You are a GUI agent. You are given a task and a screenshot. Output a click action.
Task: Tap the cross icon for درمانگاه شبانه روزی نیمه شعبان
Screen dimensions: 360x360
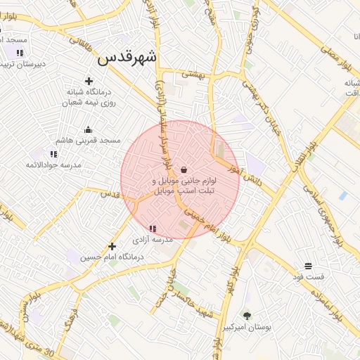click(x=89, y=82)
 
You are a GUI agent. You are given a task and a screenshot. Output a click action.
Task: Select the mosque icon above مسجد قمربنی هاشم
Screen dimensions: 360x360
click(x=88, y=129)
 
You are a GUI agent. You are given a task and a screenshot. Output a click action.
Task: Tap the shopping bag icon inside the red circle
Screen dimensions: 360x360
click(x=184, y=169)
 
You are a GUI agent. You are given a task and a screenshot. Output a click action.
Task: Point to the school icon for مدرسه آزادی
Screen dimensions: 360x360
click(x=153, y=228)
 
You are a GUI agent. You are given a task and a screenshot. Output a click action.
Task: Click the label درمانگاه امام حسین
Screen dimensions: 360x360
click(x=112, y=257)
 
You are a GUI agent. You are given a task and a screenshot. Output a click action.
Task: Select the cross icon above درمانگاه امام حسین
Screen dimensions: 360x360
click(x=112, y=246)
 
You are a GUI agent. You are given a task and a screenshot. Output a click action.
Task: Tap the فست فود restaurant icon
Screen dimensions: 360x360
click(x=308, y=266)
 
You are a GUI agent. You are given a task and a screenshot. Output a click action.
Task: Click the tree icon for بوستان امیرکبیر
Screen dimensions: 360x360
click(x=247, y=316)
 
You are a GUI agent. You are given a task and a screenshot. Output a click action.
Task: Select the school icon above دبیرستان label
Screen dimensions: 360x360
click(x=20, y=53)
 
